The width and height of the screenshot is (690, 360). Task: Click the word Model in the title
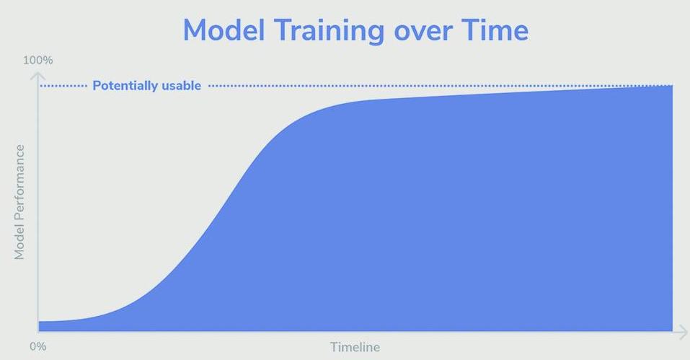pos(224,30)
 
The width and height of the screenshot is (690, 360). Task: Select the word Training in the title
pos(329,32)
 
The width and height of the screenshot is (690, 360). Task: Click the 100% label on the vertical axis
pos(37,61)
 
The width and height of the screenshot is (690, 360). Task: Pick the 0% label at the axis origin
pos(37,346)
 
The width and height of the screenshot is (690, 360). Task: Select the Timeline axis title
pos(355,347)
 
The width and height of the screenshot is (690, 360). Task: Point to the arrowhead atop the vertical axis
pos(37,76)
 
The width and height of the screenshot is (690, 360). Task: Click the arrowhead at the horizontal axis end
pos(684,332)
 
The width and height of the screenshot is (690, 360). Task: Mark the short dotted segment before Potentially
pos(63,86)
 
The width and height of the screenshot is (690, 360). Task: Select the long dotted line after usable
pos(441,86)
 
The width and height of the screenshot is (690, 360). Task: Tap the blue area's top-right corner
pos(673,85)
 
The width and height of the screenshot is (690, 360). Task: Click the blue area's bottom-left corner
pos(39,331)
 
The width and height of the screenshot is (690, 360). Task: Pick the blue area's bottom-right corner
pos(673,331)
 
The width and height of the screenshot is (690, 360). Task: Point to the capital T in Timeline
pos(335,347)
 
